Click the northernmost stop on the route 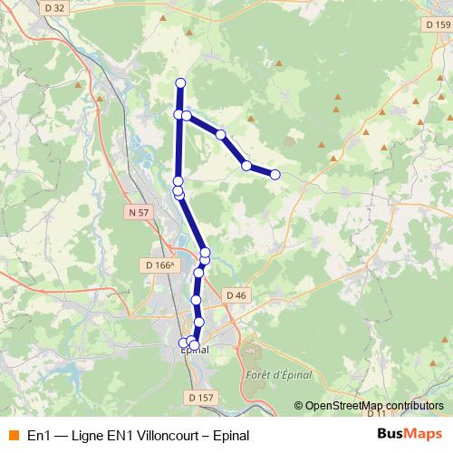(x=180, y=83)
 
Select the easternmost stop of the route (x=275, y=174)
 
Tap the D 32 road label (x=54, y=8)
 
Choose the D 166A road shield (x=159, y=265)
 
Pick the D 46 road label (x=236, y=295)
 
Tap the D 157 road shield (x=202, y=397)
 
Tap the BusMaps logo (x=409, y=434)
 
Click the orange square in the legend (x=13, y=435)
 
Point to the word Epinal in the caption (x=243, y=435)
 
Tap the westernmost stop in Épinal (x=184, y=342)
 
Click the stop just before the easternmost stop (x=246, y=165)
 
